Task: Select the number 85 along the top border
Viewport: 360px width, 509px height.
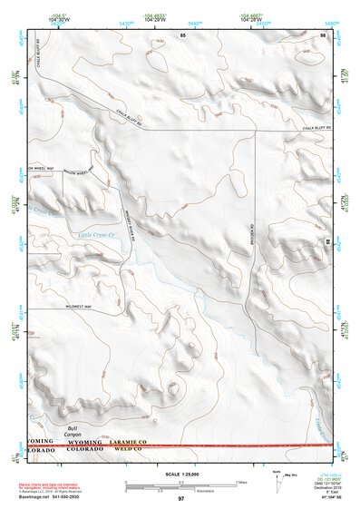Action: [x=182, y=34]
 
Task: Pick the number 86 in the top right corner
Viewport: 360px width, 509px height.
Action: [x=323, y=34]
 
